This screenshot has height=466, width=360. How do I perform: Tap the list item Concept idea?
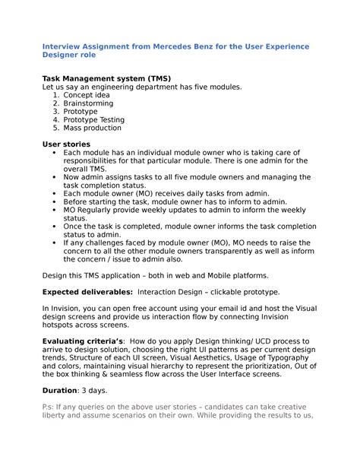pos(91,96)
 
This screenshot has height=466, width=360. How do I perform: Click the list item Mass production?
pos(93,128)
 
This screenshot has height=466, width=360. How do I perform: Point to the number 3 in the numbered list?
pos(55,112)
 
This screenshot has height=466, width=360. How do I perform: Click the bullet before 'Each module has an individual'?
pos(55,153)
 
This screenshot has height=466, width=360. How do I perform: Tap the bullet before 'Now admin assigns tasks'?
pos(55,177)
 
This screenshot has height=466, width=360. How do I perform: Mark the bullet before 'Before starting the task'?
pos(55,201)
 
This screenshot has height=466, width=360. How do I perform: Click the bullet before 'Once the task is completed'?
pos(55,227)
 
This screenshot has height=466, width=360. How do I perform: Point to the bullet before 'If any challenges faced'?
pos(55,243)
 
